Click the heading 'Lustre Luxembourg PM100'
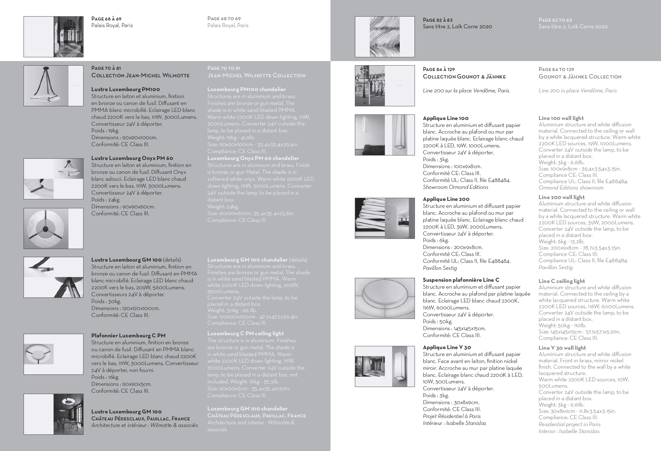pyautogui.click(x=125, y=89)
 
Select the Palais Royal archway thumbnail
pyautogui.click(x=54, y=37)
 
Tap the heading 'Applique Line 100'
pyautogui.click(x=445, y=118)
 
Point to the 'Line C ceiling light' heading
pyautogui.click(x=562, y=281)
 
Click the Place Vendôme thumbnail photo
pyautogui.click(x=384, y=86)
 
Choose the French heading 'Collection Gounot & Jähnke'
pyautogui.click(x=464, y=77)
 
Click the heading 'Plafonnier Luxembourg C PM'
pyautogui.click(x=128, y=336)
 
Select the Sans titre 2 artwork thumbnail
pyautogui.click(x=384, y=37)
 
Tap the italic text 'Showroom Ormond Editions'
pyautogui.click(x=455, y=187)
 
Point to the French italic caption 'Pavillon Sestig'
pyautogui.click(x=439, y=268)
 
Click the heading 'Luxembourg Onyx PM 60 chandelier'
pyautogui.click(x=253, y=158)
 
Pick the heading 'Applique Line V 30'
pyautogui.click(x=447, y=347)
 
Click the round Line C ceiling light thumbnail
pyautogui.click(x=384, y=298)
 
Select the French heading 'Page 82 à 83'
pyautogui.click(x=437, y=20)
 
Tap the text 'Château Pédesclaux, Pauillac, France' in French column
pyautogui.click(x=140, y=419)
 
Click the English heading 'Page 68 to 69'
pyautogui.click(x=224, y=19)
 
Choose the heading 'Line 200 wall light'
pyautogui.click(x=562, y=197)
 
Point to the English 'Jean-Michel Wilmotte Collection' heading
pyautogui.click(x=256, y=75)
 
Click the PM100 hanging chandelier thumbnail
pyautogui.click(x=54, y=86)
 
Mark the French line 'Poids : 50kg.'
pyautogui.click(x=437, y=321)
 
